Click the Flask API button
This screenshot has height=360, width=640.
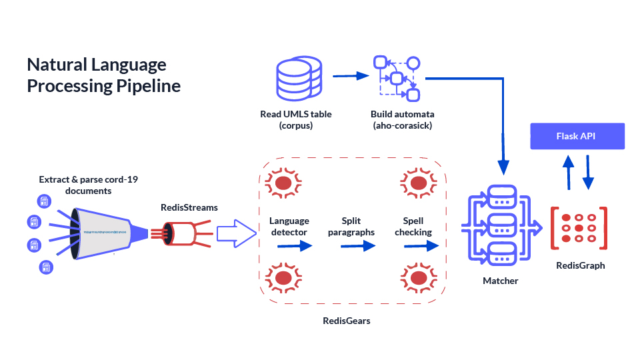577,137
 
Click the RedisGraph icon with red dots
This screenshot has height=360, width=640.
579,228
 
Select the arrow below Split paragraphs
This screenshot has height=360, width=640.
358,246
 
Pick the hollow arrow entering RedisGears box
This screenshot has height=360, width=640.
237,233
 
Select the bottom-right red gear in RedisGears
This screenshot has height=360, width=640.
418,276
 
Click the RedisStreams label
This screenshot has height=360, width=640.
189,207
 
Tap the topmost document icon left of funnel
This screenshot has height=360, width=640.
44,201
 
